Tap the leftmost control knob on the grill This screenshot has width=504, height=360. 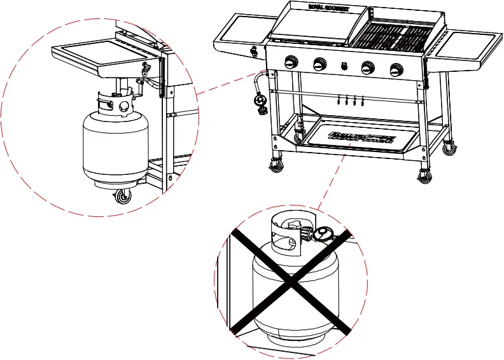[291, 62]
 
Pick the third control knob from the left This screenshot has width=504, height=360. [368, 67]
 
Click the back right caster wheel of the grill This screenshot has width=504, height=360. [450, 149]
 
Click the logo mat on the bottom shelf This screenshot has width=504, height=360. [361, 136]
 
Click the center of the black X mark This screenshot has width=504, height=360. [291, 282]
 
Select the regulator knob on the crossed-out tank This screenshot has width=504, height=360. [323, 235]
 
